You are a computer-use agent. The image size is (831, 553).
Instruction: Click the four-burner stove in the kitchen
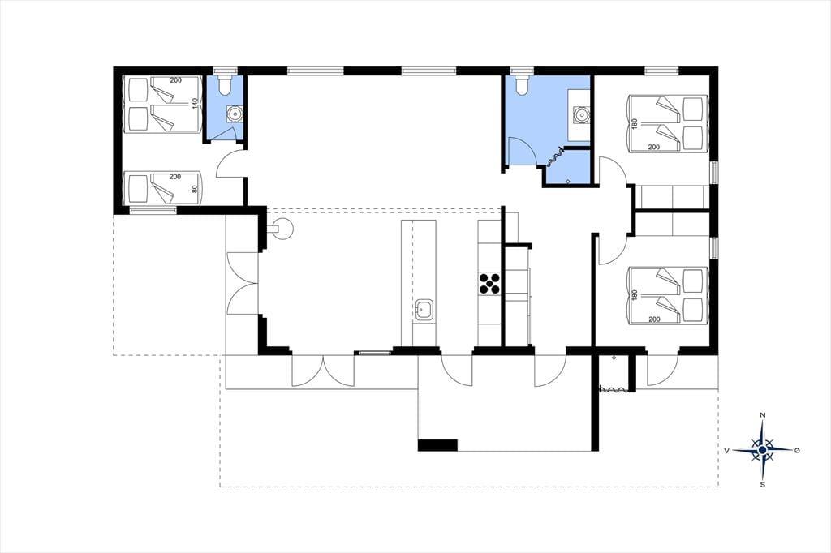coord(489,283)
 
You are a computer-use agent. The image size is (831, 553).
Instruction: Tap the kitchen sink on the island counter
coord(424,310)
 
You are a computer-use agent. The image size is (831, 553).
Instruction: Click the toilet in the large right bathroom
coord(523,85)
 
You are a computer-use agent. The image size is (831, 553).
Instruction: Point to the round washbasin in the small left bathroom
coord(233,113)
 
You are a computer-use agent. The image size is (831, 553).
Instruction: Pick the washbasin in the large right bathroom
coord(581,114)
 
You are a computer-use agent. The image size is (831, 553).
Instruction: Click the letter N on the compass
coord(762,414)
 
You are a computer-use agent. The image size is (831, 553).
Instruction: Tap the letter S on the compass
coord(763,485)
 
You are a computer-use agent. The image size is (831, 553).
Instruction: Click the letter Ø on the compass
coord(797,450)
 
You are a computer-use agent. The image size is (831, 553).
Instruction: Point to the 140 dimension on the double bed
coord(195,104)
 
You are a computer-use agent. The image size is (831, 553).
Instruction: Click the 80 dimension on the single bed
coord(195,187)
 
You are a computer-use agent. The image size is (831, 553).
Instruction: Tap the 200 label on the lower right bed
coord(654,319)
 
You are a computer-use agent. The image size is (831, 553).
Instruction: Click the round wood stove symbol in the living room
coord(283,229)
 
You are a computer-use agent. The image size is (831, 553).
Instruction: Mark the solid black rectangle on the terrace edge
coord(437,445)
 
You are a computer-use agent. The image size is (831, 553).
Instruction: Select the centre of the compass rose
coord(762,450)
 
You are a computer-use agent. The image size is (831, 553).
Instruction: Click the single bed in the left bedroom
coord(162,188)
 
